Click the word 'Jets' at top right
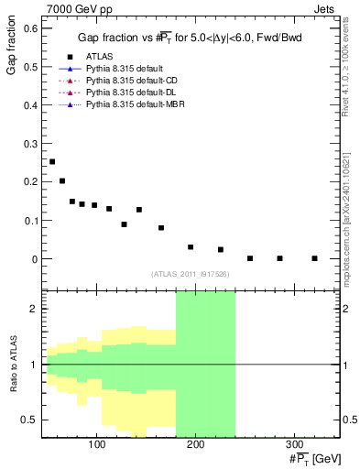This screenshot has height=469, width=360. [x=325, y=7]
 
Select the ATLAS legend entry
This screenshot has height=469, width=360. [x=100, y=56]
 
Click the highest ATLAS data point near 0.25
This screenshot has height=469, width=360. [x=52, y=161]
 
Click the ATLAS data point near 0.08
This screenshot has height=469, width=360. [x=161, y=228]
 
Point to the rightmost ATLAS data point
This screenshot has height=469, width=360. [x=314, y=258]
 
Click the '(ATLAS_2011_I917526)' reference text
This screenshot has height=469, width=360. [x=191, y=274]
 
